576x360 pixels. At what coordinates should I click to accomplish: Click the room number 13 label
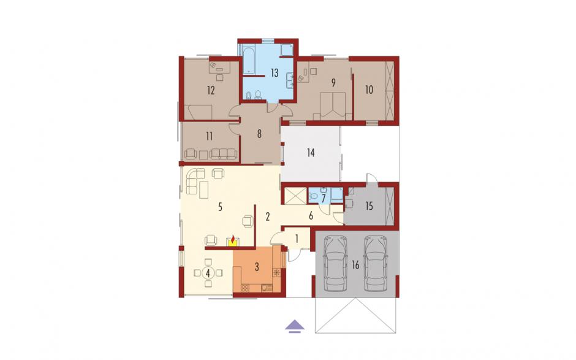tap(275, 73)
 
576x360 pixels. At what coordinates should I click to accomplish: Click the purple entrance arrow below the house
tap(295, 326)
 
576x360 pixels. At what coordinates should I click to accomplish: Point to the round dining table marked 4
tap(208, 273)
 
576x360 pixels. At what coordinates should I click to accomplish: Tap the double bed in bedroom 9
tap(333, 106)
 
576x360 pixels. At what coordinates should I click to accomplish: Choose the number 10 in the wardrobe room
tap(369, 90)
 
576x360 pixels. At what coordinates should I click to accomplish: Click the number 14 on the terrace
tap(311, 152)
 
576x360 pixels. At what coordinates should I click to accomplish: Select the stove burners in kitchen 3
tap(245, 288)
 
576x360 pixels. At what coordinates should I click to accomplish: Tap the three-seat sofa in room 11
tap(222, 154)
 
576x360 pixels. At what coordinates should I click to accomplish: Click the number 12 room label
tap(211, 90)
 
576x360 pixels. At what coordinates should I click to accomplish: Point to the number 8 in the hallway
tap(259, 134)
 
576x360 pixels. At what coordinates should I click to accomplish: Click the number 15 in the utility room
tap(369, 206)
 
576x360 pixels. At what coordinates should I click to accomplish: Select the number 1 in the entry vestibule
tap(297, 239)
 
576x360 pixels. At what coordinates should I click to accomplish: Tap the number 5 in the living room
tap(220, 207)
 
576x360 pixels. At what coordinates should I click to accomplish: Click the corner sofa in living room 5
tap(196, 180)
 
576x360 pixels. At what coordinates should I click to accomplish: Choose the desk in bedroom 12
tap(219, 67)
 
